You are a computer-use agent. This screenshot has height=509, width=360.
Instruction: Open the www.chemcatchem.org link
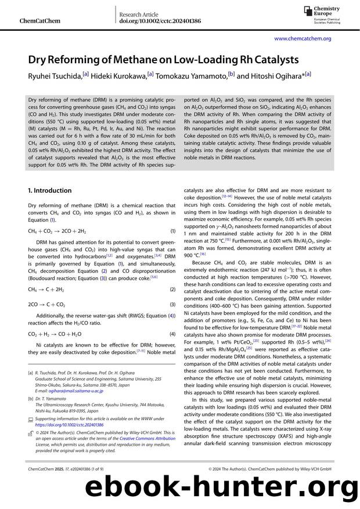[x=303, y=38]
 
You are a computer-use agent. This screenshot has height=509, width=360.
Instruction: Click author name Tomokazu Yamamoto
[x=192, y=75]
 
